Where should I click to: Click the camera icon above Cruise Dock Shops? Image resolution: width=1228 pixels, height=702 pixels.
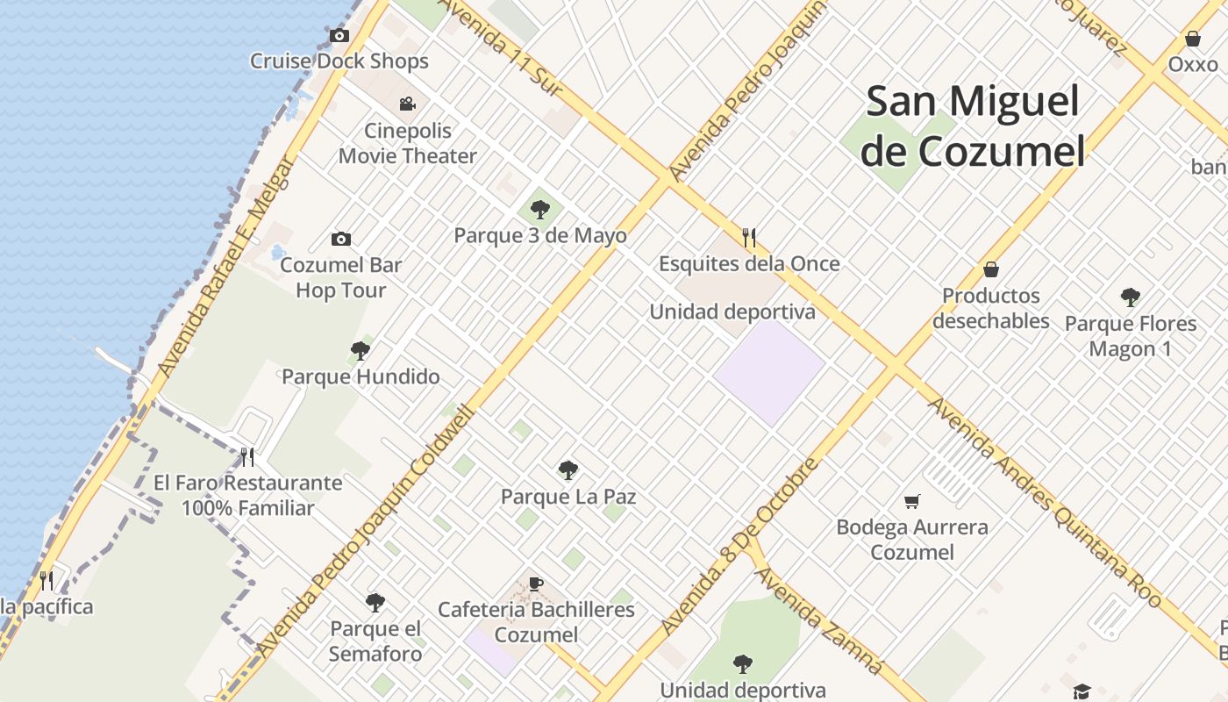(339, 36)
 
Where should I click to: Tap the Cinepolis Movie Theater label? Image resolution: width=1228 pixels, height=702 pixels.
(408, 144)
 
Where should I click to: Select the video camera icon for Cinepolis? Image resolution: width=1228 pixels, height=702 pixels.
(407, 104)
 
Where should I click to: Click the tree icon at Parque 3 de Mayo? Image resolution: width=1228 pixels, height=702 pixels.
(540, 210)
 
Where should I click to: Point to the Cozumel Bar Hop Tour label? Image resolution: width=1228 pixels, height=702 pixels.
(341, 277)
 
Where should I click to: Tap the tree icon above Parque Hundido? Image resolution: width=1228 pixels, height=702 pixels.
(360, 351)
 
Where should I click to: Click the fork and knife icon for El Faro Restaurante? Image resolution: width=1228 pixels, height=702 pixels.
(247, 456)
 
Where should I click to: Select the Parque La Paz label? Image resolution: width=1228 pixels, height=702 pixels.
(568, 497)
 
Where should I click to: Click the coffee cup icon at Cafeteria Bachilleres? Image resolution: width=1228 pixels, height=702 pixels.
(536, 584)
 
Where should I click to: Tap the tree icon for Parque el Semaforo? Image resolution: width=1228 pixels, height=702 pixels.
(375, 603)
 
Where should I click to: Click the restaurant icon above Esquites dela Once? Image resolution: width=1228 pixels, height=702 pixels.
(749, 238)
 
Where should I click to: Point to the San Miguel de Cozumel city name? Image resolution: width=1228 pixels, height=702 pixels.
(972, 125)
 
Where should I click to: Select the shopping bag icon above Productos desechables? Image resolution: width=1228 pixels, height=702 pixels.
(991, 269)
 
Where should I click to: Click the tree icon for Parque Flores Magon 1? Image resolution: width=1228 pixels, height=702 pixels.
(1130, 297)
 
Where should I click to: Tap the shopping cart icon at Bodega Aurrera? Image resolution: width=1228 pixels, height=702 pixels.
(912, 501)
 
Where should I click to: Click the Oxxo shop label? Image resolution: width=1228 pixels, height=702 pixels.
(1193, 64)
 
